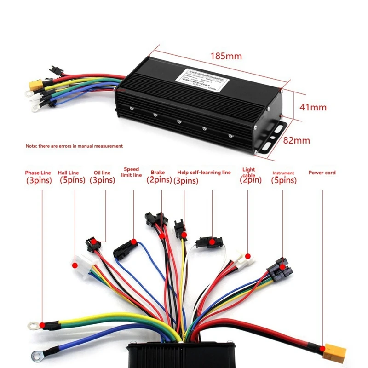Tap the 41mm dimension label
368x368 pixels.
[313, 107]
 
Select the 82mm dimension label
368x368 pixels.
[296, 140]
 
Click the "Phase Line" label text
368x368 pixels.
[39, 173]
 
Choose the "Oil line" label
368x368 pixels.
[102, 173]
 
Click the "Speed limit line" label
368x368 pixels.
[132, 172]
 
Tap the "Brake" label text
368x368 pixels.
[158, 173]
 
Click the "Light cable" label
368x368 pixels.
[249, 172]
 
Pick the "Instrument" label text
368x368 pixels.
[283, 173]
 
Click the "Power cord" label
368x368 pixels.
[322, 173]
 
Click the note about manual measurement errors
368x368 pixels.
[74, 146]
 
